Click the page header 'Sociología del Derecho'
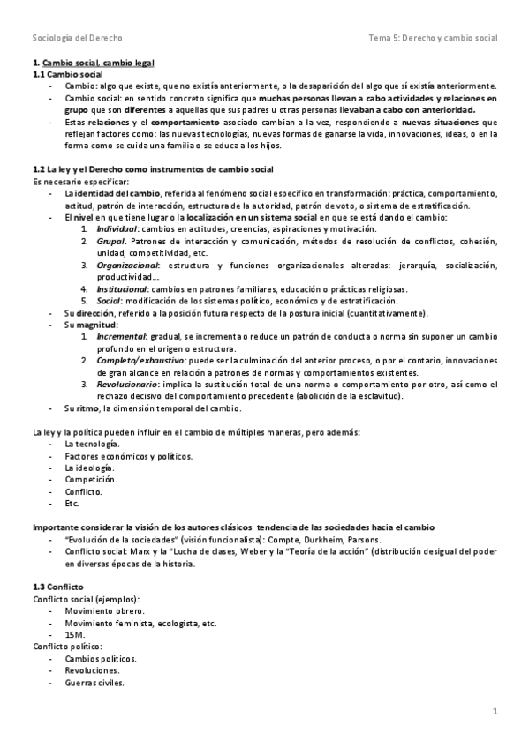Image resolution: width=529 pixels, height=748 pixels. (77, 39)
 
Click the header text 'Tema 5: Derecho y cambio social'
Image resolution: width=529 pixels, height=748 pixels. (434, 39)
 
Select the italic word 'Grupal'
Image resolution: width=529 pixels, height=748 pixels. (111, 240)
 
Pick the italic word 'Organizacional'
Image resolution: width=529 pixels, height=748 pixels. (127, 264)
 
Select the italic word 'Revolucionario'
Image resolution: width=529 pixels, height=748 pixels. (129, 385)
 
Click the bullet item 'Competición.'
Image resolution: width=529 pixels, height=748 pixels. (90, 480)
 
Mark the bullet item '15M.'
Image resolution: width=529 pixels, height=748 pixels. (75, 635)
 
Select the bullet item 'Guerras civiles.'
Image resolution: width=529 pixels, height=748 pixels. (94, 683)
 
